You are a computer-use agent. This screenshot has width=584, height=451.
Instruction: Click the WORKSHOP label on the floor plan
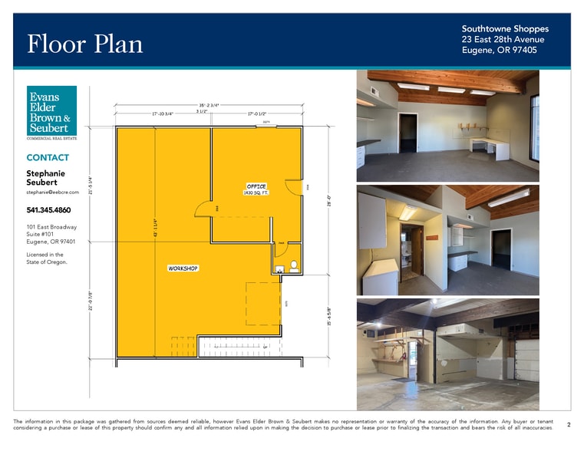[183, 268]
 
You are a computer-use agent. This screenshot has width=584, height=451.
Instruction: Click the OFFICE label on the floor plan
[256, 186]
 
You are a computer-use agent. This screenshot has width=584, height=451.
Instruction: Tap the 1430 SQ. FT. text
[256, 193]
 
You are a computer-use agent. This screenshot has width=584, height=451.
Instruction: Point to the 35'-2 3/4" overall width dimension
[210, 105]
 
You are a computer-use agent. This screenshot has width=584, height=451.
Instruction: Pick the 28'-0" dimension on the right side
[328, 199]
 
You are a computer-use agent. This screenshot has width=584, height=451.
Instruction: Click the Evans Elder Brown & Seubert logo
[51, 112]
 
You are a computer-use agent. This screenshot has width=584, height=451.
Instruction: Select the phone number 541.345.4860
[48, 210]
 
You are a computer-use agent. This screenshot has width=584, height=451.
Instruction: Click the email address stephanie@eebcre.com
[53, 193]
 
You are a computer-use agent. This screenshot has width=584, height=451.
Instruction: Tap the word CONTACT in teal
[48, 157]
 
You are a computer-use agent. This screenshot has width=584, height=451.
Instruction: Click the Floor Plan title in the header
[84, 44]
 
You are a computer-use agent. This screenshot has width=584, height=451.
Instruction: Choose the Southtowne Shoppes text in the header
[505, 28]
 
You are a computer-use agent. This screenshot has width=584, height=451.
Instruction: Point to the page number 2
[569, 424]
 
